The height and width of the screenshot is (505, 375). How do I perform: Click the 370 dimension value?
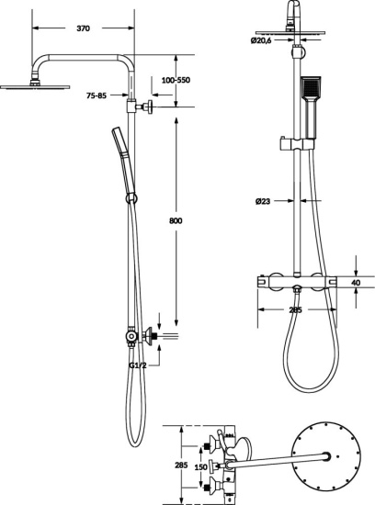(x=83, y=28)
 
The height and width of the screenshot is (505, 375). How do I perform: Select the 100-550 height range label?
(x=176, y=80)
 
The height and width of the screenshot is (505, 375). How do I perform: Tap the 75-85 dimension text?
(x=97, y=95)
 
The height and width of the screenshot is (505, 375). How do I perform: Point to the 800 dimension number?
(x=176, y=220)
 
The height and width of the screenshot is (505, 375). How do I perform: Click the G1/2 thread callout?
(x=138, y=365)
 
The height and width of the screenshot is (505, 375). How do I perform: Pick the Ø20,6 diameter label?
(x=260, y=40)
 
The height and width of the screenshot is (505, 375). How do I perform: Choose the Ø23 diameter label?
(x=263, y=201)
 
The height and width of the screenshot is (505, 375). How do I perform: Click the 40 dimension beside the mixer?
(x=356, y=283)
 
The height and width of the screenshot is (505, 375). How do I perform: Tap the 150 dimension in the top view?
(x=200, y=466)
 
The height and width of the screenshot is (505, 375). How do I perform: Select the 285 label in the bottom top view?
(x=181, y=466)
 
